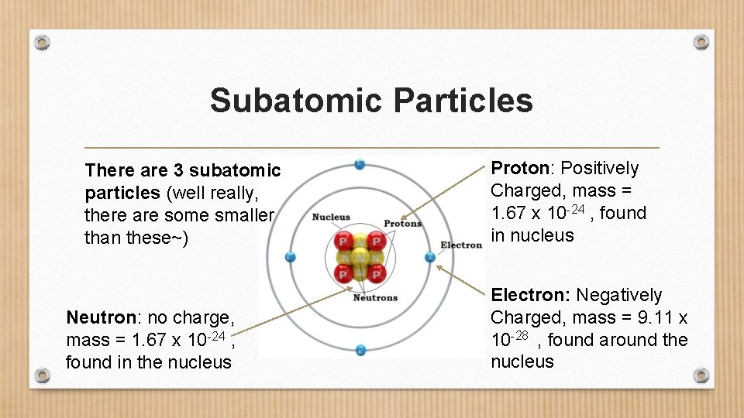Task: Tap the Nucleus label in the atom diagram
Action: coord(331,218)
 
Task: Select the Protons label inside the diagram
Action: coord(403,224)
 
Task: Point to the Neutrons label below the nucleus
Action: coord(375,297)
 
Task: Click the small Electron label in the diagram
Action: coord(461,245)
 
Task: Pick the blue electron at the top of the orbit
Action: coord(359,164)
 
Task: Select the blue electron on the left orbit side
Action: coord(290,257)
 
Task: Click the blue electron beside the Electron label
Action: coord(430,257)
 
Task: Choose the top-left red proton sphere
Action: coord(343,241)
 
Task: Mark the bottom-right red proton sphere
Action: coord(377,273)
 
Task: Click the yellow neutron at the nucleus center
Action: coord(359,257)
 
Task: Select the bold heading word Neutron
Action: coord(97,317)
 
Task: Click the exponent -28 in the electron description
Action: coord(522,335)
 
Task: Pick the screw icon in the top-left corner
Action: coord(43,41)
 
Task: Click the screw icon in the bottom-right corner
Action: coord(701,375)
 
